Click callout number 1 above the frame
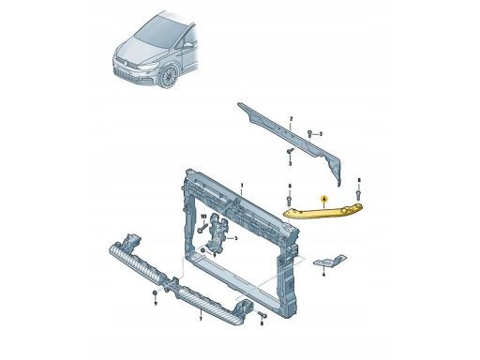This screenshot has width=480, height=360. pyautogui.click(x=240, y=187)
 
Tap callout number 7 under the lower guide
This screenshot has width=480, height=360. pyautogui.click(x=200, y=320)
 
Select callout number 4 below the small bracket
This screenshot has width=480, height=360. pyautogui.click(x=322, y=277)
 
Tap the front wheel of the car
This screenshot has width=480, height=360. pyautogui.click(x=170, y=74)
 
